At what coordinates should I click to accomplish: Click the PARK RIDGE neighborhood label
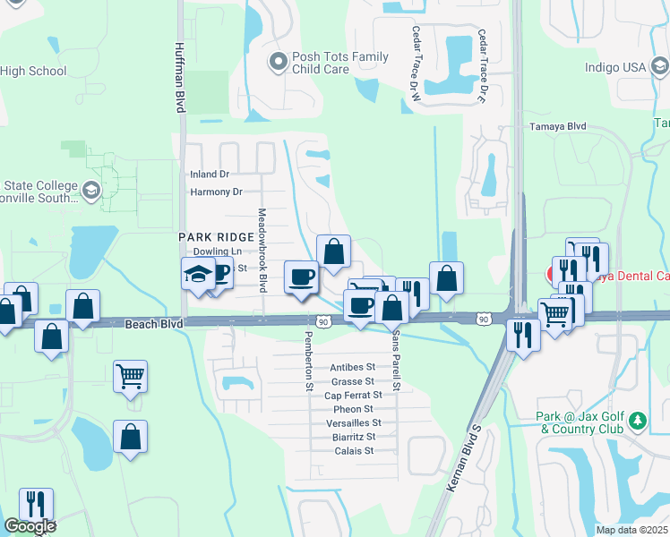[x=210, y=236]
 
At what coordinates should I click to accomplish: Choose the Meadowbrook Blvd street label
[x=262, y=251]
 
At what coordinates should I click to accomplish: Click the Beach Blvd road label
[x=153, y=323]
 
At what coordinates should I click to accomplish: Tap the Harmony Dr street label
[x=216, y=192]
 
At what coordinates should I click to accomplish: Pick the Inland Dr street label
[x=210, y=175]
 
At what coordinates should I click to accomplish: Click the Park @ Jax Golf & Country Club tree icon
[x=637, y=420]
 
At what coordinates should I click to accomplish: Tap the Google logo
[x=30, y=526]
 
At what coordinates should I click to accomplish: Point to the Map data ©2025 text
[x=631, y=530]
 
